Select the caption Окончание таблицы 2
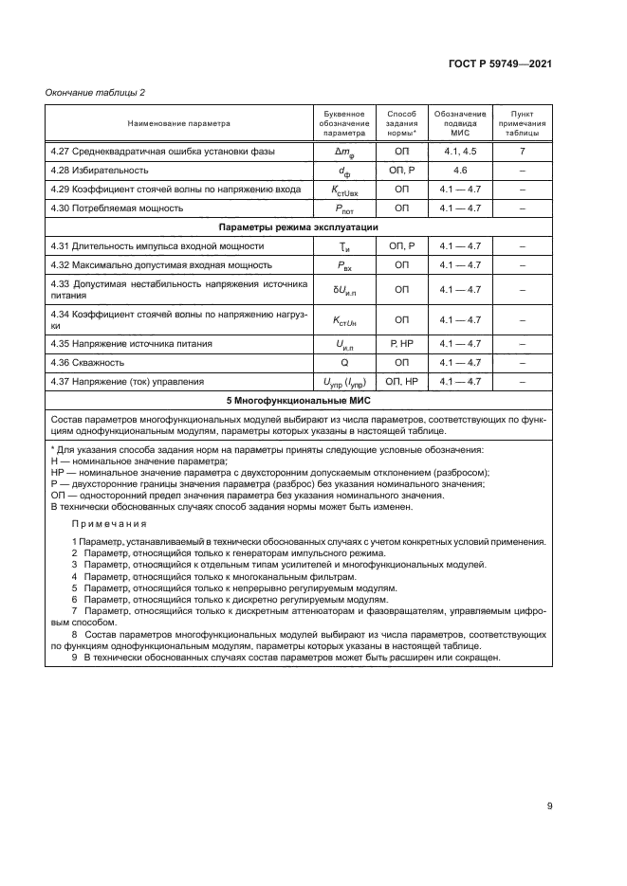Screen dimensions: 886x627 pyautogui.click(x=96, y=92)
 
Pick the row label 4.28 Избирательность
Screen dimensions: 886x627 pyautogui.click(x=100, y=171)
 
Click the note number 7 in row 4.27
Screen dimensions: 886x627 pyautogui.click(x=522, y=152)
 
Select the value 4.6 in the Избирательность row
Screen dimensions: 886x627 pyautogui.click(x=461, y=171)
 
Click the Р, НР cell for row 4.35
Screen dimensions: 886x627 pyautogui.click(x=401, y=343)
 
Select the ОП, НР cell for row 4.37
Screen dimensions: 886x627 pyautogui.click(x=401, y=382)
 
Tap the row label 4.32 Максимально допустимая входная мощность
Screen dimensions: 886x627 pyautogui.click(x=161, y=265)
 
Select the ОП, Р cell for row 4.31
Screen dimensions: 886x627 pyautogui.click(x=401, y=246)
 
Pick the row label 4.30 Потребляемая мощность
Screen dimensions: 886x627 pyautogui.click(x=117, y=208)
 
